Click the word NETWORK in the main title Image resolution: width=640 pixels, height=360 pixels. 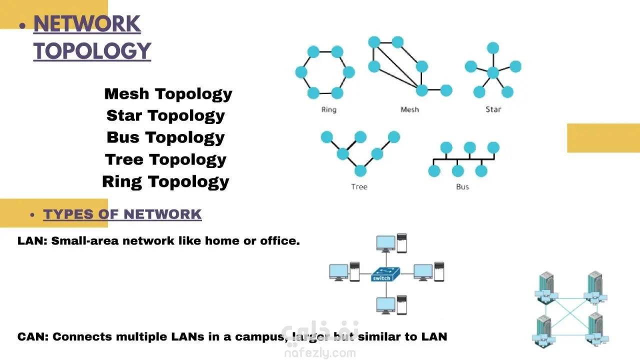[87, 24]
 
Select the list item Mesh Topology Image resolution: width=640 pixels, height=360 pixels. [168, 94]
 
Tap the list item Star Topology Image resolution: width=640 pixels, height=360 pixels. [165, 116]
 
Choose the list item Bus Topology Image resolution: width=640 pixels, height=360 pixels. [165, 137]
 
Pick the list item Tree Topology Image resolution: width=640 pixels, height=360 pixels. [165, 160]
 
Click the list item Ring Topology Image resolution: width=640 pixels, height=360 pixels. [165, 181]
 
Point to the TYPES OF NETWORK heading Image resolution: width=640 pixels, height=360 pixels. [122, 214]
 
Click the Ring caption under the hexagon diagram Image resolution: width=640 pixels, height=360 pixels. [328, 109]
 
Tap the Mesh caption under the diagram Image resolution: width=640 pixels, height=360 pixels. [409, 109]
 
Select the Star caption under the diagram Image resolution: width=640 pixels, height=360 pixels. [493, 109]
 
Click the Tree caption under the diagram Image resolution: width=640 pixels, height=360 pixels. [359, 187]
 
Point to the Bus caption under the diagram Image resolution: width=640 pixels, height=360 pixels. [462, 187]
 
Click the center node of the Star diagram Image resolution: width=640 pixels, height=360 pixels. [493, 73]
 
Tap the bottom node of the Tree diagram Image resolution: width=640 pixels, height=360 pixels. [360, 171]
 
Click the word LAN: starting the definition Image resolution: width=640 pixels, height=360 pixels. [32, 241]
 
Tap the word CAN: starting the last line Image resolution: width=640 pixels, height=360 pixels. [32, 336]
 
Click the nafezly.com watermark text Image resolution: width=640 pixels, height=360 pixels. [319, 353]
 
